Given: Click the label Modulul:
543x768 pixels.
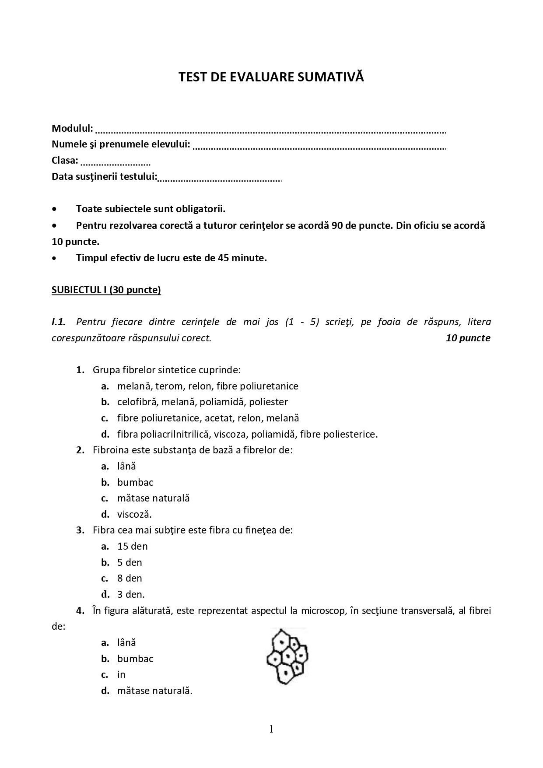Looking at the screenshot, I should (x=72, y=128).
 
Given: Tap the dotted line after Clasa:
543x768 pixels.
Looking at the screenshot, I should (x=116, y=164).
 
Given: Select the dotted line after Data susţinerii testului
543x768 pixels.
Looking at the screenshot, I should (x=220, y=179).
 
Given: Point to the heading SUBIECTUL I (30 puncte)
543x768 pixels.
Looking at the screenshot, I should (x=106, y=290).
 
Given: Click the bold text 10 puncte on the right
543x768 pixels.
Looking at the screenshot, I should (x=468, y=338).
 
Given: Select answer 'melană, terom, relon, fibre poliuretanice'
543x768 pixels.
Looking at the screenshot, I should (x=207, y=386).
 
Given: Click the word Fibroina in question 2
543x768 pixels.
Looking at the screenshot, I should (x=109, y=450).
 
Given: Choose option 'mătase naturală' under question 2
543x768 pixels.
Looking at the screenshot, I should (x=153, y=498).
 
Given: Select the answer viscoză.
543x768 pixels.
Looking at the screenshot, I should (x=134, y=514).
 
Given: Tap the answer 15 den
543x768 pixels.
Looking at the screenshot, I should (x=132, y=546).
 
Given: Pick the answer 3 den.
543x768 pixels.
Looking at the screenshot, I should (x=130, y=594).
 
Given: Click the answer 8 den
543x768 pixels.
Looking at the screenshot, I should (x=130, y=578).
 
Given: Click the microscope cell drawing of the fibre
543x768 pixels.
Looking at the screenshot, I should (x=287, y=656).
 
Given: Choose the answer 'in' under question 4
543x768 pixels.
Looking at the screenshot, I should (x=121, y=674).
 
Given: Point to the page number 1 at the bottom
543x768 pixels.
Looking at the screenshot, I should (x=271, y=729).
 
